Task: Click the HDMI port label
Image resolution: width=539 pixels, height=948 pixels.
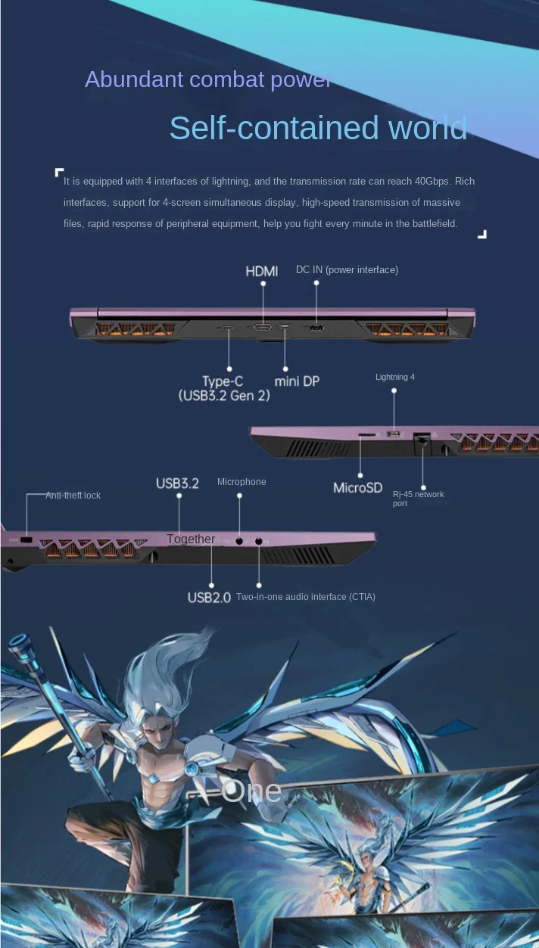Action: point(262,271)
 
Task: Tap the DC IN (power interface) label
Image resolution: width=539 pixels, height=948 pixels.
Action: point(347,270)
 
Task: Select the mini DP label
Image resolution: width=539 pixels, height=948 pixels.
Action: point(297,381)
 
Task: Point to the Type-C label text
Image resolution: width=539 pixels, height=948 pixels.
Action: point(223,381)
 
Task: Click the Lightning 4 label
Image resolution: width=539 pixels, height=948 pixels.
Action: point(395,377)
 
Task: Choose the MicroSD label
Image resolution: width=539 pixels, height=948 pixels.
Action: point(358,488)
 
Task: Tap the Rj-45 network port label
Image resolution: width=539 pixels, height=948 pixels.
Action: point(418,499)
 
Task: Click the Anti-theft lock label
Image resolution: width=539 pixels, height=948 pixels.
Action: point(73,496)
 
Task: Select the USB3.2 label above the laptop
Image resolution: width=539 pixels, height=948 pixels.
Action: point(177,483)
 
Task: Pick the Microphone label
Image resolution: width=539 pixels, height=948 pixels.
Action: point(241,482)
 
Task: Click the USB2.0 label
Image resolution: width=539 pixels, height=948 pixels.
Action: point(209,598)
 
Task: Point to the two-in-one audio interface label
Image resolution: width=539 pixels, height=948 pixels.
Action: point(305,597)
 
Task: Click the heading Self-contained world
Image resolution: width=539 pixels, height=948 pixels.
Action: point(318,128)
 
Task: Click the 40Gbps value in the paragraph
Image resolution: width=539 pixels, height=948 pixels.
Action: point(434,182)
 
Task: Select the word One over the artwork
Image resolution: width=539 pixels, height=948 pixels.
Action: point(251,791)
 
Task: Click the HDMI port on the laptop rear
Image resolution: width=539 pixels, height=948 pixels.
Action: point(263,328)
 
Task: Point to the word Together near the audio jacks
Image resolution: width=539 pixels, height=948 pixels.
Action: point(191,539)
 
